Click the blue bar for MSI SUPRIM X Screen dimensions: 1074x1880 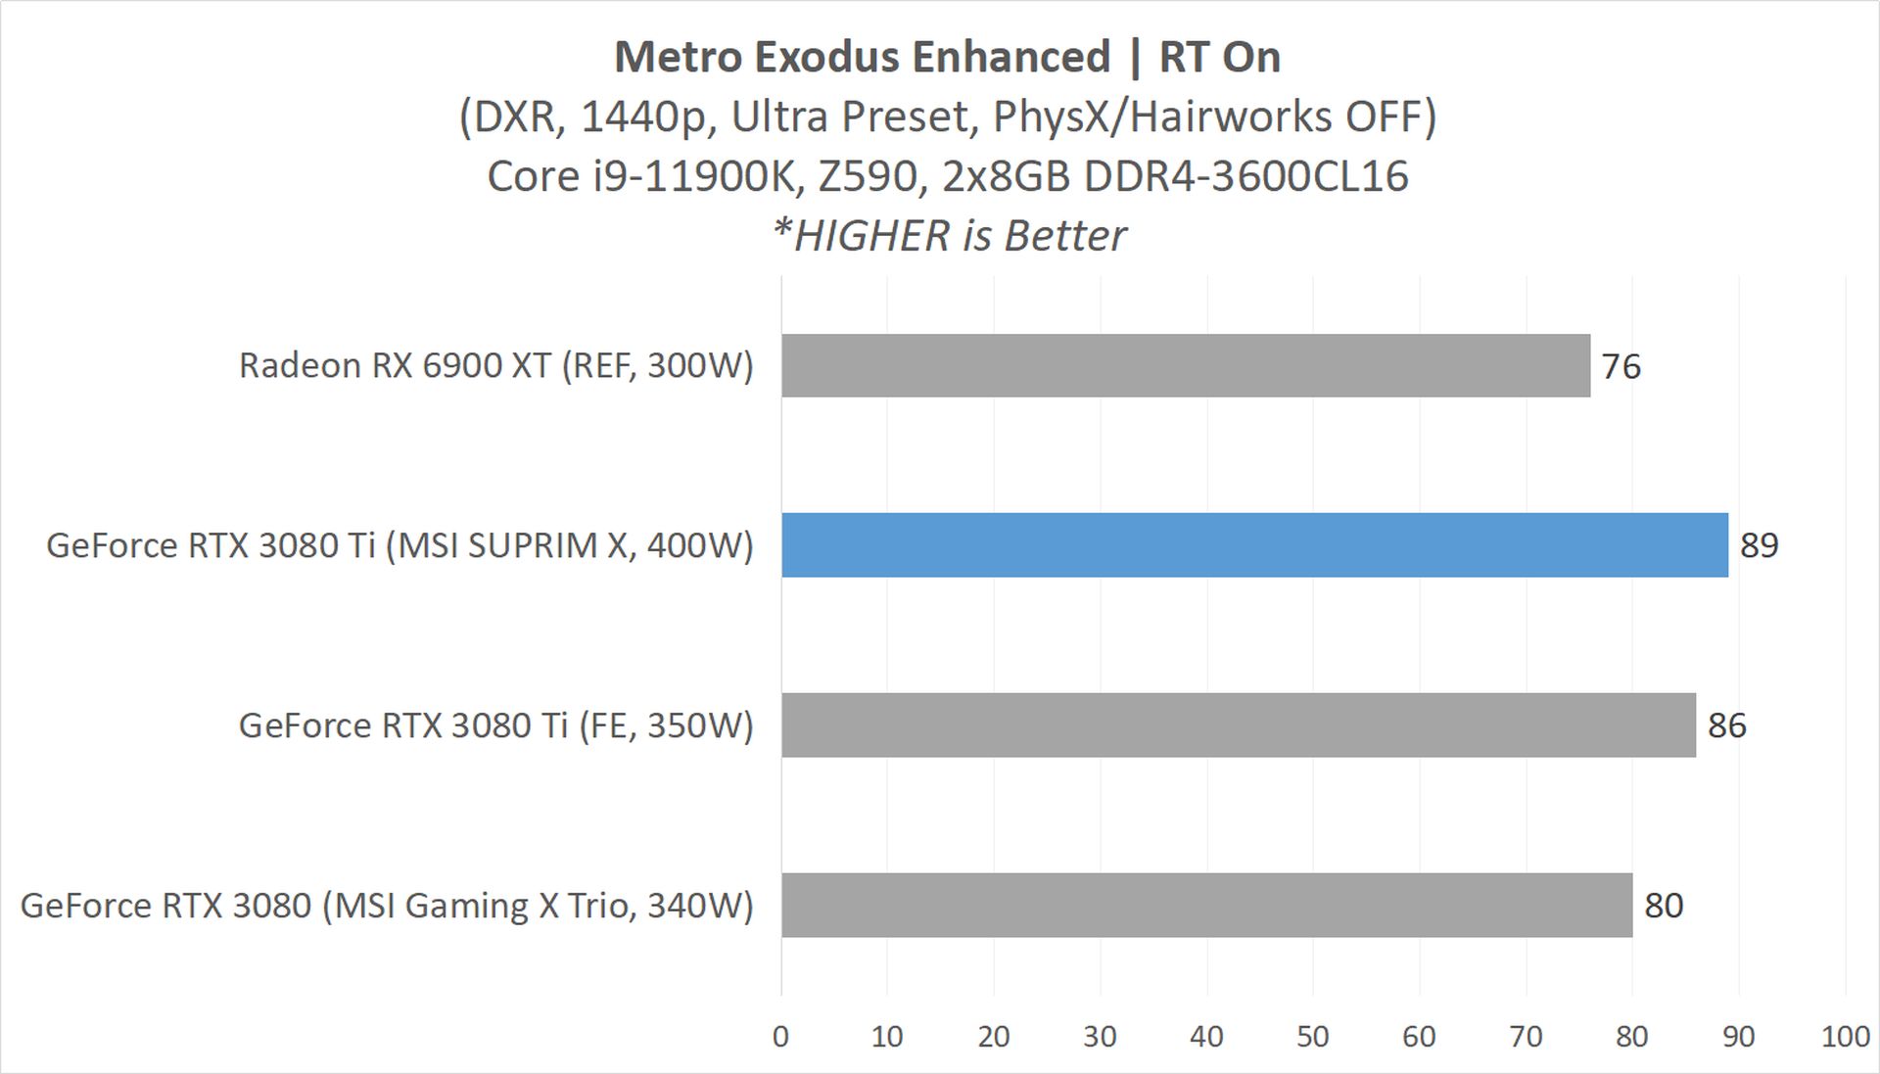point(1254,544)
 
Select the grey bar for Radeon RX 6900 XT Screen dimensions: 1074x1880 point(1185,365)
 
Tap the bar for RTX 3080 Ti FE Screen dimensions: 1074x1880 point(1238,724)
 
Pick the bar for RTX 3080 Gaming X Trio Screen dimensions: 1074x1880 point(1206,905)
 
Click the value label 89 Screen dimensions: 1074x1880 point(1759,545)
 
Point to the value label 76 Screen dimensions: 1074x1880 point(1621,366)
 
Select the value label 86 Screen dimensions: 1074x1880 point(1726,725)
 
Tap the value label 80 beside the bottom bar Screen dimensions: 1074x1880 point(1664,906)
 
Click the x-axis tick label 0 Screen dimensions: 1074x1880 point(780,1037)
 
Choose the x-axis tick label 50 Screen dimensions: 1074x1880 point(1312,1037)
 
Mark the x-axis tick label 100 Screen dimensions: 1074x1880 point(1845,1037)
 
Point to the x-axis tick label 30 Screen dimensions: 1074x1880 point(1100,1037)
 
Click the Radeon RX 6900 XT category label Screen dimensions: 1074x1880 point(495,365)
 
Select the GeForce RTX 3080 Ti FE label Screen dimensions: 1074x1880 point(495,725)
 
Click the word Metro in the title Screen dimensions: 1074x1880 point(677,57)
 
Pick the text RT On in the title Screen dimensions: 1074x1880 point(1219,57)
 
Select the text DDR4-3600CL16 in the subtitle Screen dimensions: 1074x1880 point(1245,176)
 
